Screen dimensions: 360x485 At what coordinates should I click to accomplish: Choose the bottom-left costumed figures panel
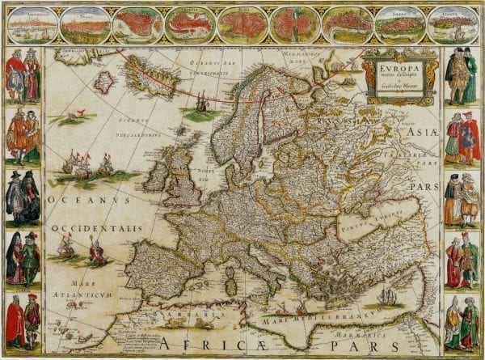point(23,320)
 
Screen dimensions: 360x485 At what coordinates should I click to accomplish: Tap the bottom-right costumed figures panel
point(462,322)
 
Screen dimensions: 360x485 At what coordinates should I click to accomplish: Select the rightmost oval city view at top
point(453,25)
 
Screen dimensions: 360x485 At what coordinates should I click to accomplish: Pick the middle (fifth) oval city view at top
point(242,25)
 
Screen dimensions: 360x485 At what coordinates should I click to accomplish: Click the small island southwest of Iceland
point(104,82)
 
